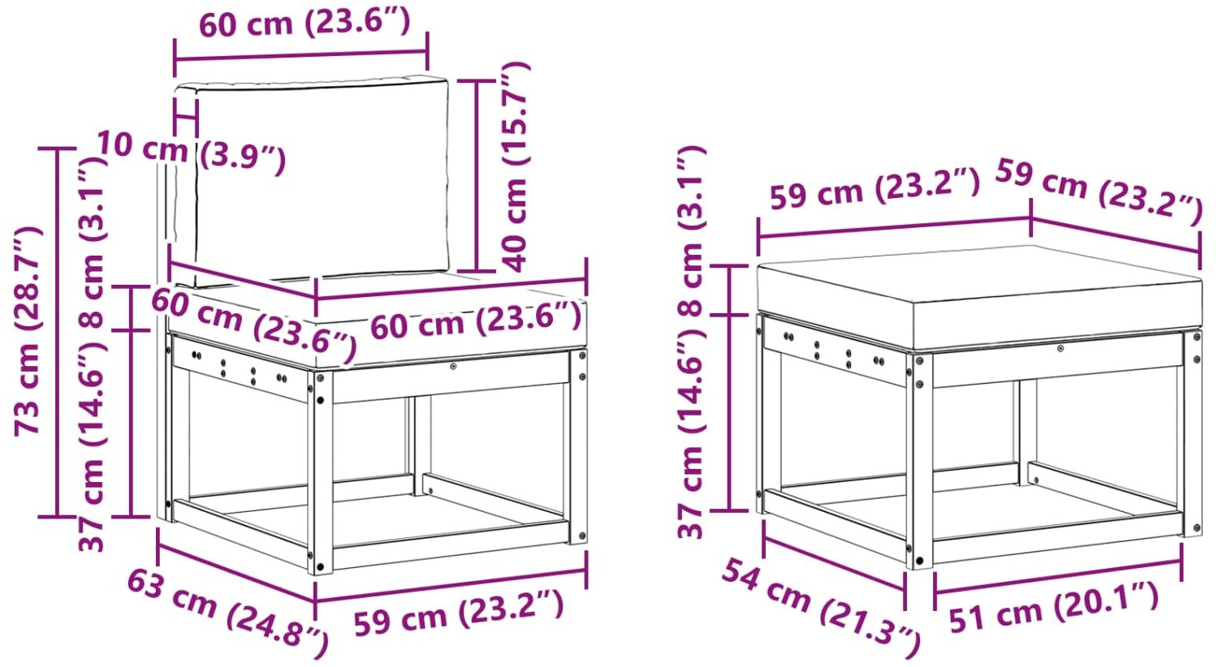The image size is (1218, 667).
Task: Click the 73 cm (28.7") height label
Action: tap(27, 330)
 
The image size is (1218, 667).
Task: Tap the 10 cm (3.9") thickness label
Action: tap(192, 153)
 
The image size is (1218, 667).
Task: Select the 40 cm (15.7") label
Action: tap(514, 167)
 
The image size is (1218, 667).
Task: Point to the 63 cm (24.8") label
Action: tap(227, 613)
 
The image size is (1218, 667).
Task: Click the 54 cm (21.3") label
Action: tap(820, 608)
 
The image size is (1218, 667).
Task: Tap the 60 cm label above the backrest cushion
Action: tap(304, 24)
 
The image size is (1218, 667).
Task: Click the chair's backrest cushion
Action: tap(322, 179)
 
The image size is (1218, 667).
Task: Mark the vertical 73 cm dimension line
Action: tap(57, 332)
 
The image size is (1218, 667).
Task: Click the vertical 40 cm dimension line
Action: tap(477, 175)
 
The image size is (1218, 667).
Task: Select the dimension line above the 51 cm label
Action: tap(1057, 578)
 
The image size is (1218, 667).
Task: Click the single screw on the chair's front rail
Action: tap(453, 367)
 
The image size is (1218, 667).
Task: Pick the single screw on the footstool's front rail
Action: tap(1060, 348)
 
